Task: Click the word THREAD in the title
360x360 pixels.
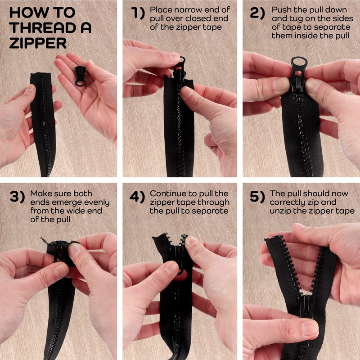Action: [x=42, y=28]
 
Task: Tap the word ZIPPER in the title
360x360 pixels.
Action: [x=38, y=43]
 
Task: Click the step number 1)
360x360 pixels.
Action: [x=138, y=13]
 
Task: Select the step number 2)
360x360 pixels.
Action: [x=257, y=13]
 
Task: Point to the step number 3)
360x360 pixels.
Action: [x=17, y=197]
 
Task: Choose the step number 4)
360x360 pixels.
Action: [x=137, y=197]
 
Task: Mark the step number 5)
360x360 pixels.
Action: [x=257, y=197]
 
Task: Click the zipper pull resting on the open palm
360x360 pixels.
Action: [x=81, y=76]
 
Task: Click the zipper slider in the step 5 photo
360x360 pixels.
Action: [x=306, y=306]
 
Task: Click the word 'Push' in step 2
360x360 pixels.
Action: [x=281, y=10]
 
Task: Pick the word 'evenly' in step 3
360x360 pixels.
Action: [x=97, y=203]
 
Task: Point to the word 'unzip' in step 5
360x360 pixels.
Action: [x=301, y=211]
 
